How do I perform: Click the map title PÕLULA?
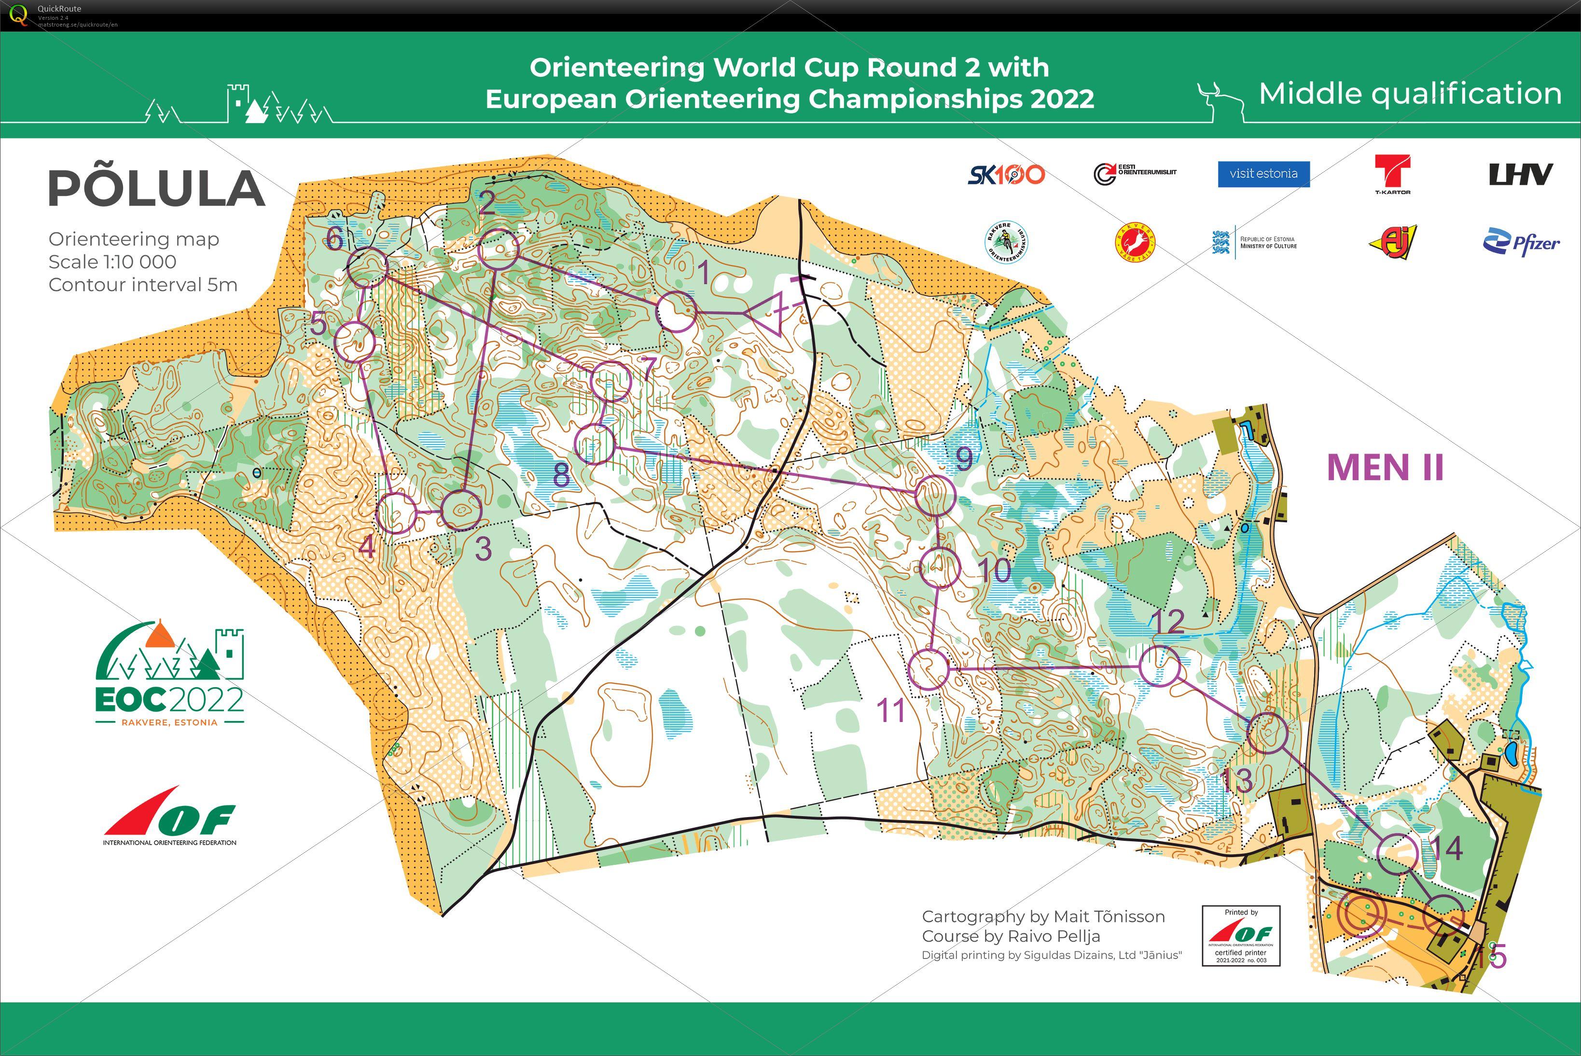pyautogui.click(x=156, y=189)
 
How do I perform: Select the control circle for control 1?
pyautogui.click(x=676, y=312)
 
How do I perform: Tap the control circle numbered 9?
pyautogui.click(x=935, y=496)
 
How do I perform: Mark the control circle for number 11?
pyautogui.click(x=929, y=669)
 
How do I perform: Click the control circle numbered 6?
pyautogui.click(x=368, y=267)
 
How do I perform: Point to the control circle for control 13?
pyautogui.click(x=1266, y=733)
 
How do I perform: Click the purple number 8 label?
pyautogui.click(x=561, y=475)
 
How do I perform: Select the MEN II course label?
pyautogui.click(x=1385, y=467)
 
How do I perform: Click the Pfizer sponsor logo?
pyautogui.click(x=1521, y=242)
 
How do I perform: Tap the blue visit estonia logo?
pyautogui.click(x=1263, y=174)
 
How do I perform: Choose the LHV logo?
pyautogui.click(x=1520, y=174)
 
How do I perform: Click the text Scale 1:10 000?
pyautogui.click(x=112, y=262)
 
